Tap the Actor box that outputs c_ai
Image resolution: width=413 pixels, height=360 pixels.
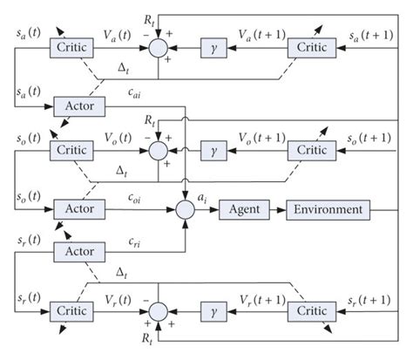click(x=79, y=105)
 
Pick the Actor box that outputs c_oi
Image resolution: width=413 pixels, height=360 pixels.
click(x=79, y=210)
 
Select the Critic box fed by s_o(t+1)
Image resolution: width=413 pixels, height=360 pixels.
click(x=312, y=149)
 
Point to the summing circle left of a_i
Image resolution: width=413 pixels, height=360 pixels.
click(x=186, y=210)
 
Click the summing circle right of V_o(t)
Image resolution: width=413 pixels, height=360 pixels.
click(x=159, y=150)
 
